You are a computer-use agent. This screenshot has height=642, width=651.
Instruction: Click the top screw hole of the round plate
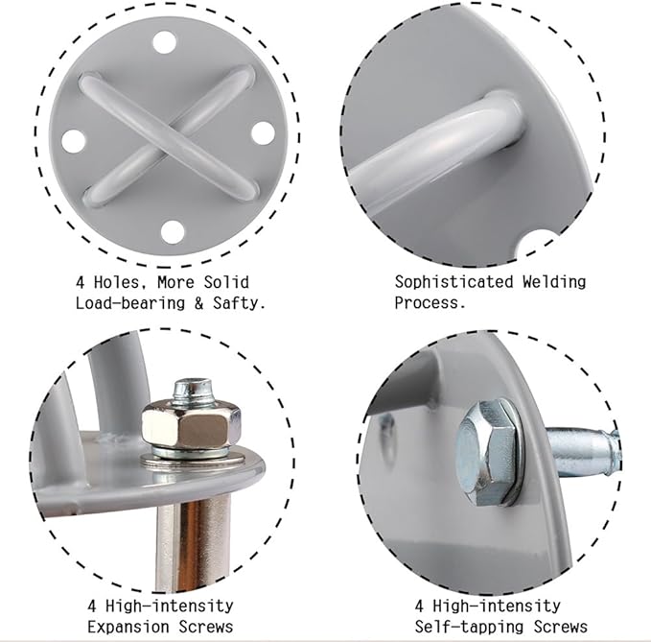pos(164,42)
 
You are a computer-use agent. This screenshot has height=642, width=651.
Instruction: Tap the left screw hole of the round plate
pos(74,140)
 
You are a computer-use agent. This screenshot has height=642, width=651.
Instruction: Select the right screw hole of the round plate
pos(264,132)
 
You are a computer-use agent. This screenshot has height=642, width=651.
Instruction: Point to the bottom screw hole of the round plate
pos(173,232)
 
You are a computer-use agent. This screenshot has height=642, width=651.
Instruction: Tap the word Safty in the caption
pos(239,303)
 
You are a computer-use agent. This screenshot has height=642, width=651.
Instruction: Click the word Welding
pos(554,282)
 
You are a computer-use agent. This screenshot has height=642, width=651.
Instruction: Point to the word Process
pos(430,302)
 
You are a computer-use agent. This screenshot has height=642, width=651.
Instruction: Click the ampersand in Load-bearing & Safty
pos(199,303)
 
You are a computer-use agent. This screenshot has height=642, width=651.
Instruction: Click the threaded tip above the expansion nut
pos(192,390)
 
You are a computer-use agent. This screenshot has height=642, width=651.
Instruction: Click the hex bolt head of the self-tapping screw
pos(486,453)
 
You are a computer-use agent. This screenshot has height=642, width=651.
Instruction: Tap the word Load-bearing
pos(130,303)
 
